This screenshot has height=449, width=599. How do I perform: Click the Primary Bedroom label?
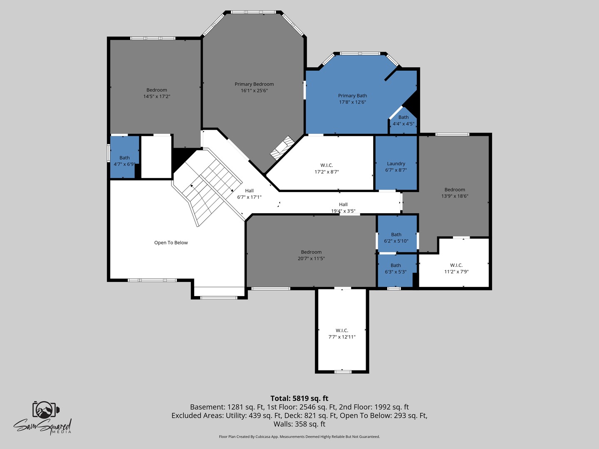click(x=254, y=84)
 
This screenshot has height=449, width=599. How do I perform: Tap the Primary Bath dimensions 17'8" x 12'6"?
click(x=352, y=102)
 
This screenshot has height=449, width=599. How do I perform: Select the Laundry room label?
click(x=396, y=163)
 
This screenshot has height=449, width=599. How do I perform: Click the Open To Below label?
click(x=171, y=243)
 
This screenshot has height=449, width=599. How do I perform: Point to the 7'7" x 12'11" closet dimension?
click(x=342, y=337)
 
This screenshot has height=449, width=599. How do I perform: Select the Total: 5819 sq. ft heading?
click(x=299, y=398)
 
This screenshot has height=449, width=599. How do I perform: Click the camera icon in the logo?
click(x=46, y=410)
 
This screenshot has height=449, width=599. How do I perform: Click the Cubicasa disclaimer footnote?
click(x=299, y=437)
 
